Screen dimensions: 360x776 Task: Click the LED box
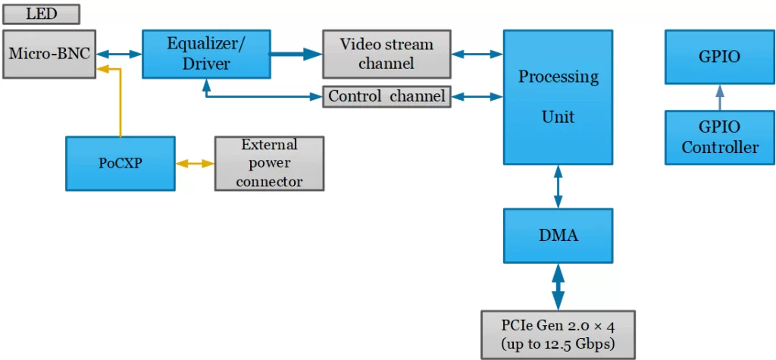41,14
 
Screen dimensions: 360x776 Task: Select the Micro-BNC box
50,54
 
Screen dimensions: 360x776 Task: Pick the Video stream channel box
386,54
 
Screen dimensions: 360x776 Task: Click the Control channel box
386,97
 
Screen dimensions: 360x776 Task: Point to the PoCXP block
120,163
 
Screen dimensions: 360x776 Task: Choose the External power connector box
269,163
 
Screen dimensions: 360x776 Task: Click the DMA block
559,236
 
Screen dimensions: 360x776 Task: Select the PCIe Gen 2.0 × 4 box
558,334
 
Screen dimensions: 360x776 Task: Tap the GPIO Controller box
720,137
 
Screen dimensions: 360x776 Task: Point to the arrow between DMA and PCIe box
559,286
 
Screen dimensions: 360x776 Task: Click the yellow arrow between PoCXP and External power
195,164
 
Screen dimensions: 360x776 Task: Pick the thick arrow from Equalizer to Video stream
296,54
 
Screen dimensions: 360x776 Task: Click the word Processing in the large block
559,77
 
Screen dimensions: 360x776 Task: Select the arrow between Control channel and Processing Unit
477,97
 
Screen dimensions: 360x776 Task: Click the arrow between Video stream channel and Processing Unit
477,54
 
